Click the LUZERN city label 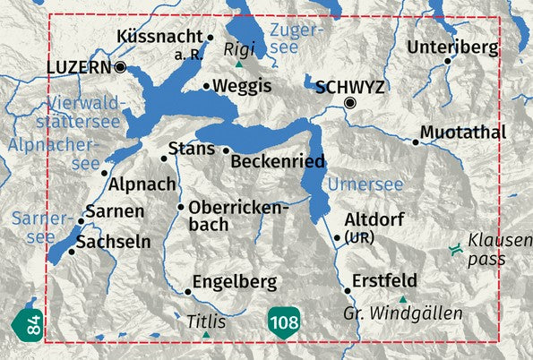79,66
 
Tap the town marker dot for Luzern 120,66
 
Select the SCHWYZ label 350,87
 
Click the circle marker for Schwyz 350,104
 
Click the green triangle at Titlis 207,334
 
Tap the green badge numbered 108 280,321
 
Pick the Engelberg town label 236,283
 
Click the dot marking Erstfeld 348,290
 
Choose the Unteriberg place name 452,47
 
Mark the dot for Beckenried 226,150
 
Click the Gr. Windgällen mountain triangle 403,299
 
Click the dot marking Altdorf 337,237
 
